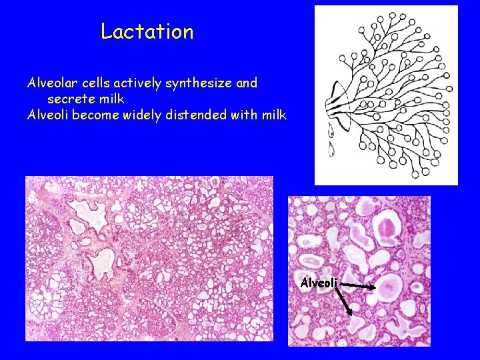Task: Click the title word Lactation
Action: pyautogui.click(x=147, y=31)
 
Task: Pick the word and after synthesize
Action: pyautogui.click(x=247, y=83)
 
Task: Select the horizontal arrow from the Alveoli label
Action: pyautogui.click(x=358, y=285)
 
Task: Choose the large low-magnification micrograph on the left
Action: pyautogui.click(x=149, y=259)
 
